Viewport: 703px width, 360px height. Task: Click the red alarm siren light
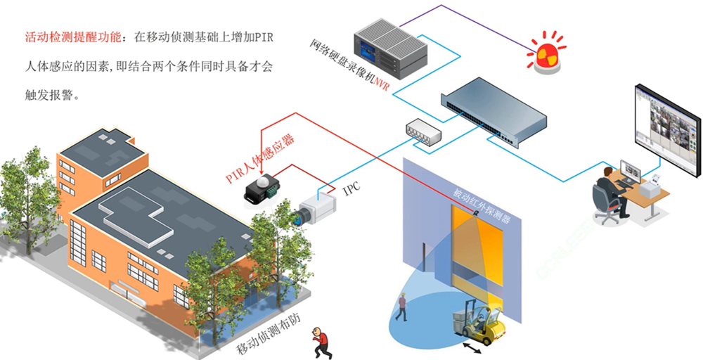point(547,54)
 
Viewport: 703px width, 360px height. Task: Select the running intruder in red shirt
point(321,343)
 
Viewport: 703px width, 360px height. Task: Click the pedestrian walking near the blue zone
point(402,307)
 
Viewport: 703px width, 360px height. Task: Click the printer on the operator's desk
point(657,184)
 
